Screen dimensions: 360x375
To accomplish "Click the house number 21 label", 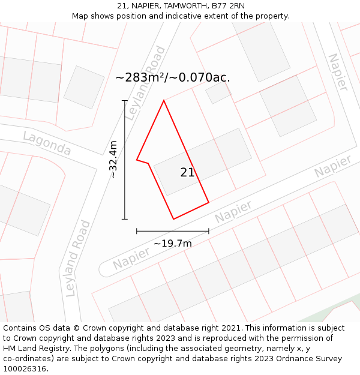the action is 187,173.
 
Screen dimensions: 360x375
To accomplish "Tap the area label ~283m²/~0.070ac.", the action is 173,77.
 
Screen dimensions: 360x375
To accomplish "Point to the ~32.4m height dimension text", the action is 113,160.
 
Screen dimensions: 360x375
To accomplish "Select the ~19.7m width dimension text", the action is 172,243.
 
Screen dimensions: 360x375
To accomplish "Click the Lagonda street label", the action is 47,143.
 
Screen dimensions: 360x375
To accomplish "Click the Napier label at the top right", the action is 337,73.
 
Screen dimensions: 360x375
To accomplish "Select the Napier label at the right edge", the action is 333,166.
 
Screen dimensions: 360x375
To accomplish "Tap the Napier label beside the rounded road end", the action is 131,255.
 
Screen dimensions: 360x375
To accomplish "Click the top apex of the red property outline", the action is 164,100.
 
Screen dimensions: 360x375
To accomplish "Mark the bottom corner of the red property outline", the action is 174,219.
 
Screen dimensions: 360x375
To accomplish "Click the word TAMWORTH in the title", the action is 181,6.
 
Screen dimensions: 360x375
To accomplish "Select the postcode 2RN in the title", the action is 236,6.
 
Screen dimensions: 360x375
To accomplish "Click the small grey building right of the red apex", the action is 218,92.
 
